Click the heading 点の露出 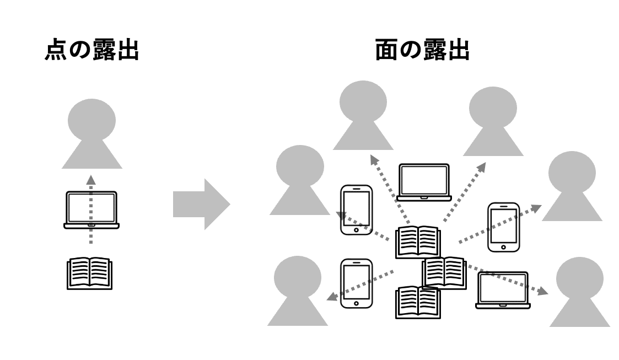pos(91,51)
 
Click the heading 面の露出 pos(422,51)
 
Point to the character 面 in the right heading pos(387,51)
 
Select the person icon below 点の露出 pos(91,135)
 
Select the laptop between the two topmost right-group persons pos(424,182)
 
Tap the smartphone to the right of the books pos(503,227)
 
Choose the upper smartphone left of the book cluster pos(356,209)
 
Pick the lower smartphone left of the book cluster pos(356,283)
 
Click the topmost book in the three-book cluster pos(418,241)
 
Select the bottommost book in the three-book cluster pos(418,302)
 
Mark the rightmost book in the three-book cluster pos(444,272)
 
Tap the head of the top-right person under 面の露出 pos(493,106)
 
